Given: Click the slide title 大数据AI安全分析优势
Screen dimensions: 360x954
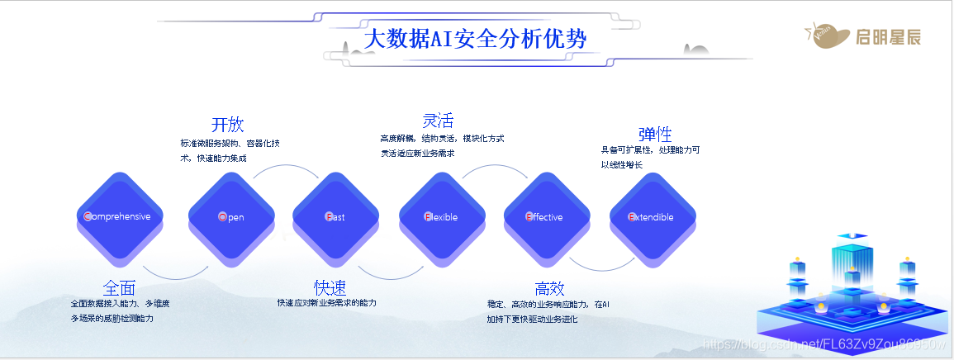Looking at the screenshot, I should [x=475, y=38].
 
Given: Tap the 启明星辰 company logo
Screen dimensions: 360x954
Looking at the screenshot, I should [x=862, y=36].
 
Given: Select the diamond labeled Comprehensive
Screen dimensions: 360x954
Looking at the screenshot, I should [x=119, y=216].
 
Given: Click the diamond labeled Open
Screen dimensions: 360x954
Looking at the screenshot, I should [x=231, y=216].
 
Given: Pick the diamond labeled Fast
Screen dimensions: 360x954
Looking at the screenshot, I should [x=335, y=216].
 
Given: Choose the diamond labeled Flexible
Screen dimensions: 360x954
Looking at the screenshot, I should [x=441, y=216].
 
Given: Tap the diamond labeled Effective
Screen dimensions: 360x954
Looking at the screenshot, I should [x=545, y=216].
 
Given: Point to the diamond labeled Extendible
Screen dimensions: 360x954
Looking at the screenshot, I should [x=652, y=216].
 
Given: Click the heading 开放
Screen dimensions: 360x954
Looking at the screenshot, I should [x=227, y=125].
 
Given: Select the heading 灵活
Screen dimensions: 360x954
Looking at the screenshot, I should [x=438, y=121].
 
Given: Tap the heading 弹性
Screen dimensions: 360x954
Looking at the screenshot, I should [x=655, y=134].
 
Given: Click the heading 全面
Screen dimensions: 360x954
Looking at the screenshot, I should [x=119, y=288].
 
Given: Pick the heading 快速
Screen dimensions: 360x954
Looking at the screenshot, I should [x=330, y=287].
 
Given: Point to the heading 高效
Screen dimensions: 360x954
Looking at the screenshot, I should [x=549, y=288].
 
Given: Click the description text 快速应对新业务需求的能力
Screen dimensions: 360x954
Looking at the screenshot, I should [x=327, y=303].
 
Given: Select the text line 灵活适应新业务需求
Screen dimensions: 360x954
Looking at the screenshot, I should [x=417, y=153].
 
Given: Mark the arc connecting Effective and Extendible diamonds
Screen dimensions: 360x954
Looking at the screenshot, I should [x=600, y=266].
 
